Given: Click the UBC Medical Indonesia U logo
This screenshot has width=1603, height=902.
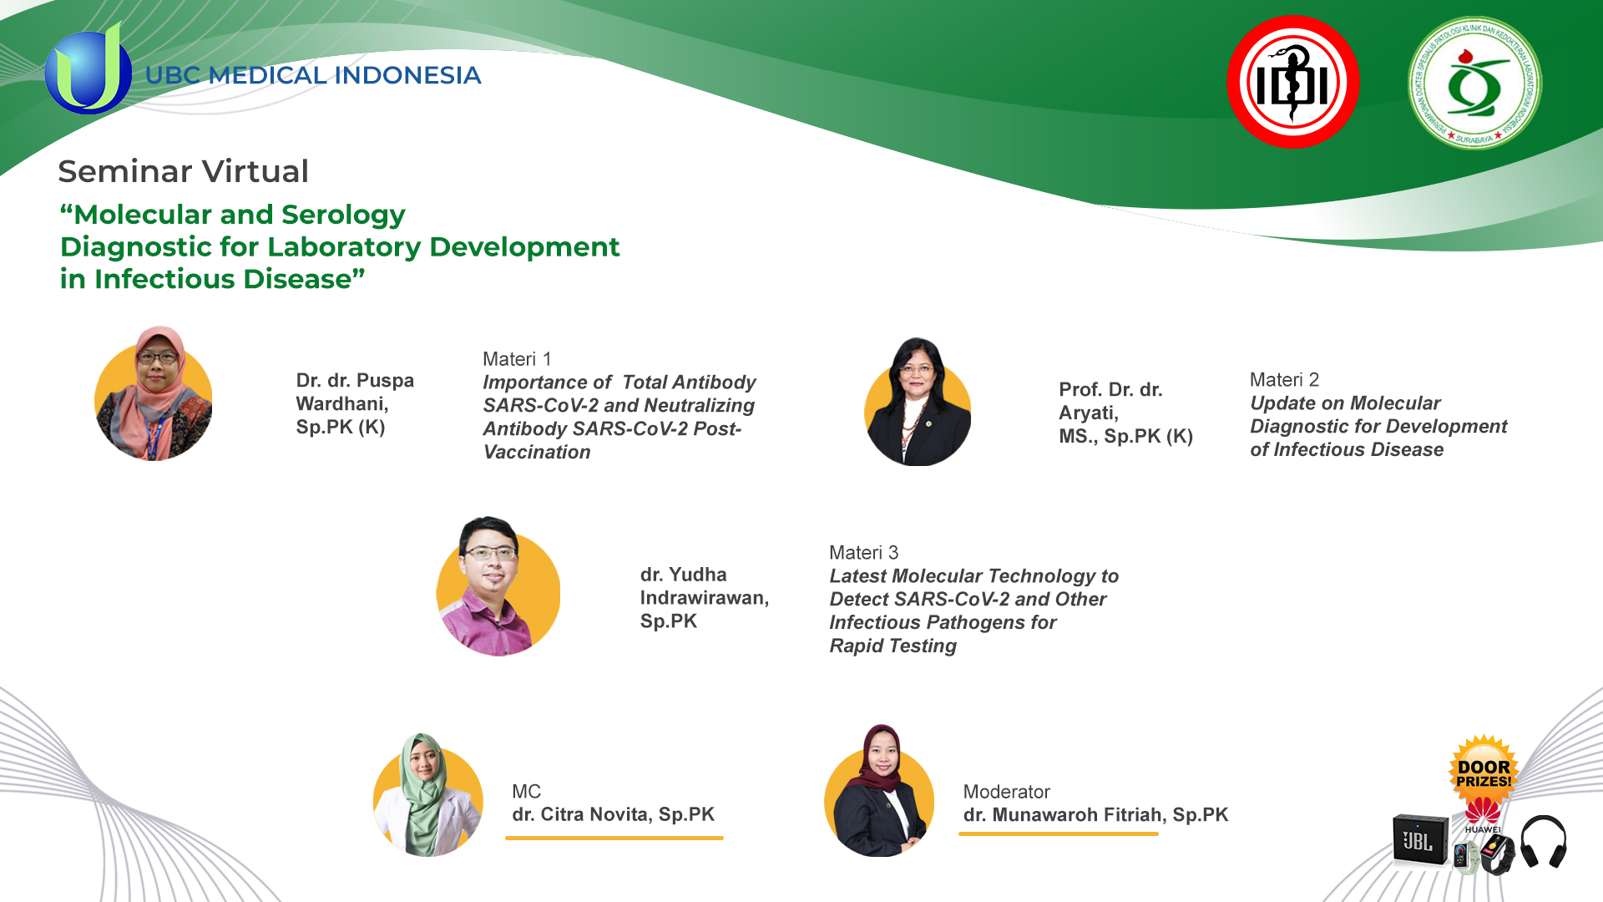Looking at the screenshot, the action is [x=88, y=69].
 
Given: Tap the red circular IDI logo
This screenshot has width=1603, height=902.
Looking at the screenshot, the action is [x=1293, y=82].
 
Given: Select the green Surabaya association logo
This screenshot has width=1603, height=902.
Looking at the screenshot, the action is [x=1474, y=83].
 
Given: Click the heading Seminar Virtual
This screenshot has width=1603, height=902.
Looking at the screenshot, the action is [x=184, y=171].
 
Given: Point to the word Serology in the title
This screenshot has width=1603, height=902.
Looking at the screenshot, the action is [x=343, y=215].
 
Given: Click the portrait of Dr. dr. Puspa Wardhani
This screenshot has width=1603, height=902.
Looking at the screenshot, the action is [x=153, y=393].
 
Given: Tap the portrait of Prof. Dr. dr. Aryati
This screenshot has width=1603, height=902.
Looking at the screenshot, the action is [x=918, y=402].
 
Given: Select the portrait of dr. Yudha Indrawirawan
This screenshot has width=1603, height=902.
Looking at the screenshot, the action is [x=498, y=586].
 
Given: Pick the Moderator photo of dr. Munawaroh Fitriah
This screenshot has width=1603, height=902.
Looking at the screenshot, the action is [x=879, y=791].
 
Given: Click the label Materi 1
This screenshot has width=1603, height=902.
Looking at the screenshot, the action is [x=517, y=359].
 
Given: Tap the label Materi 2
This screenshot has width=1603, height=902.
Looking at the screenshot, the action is [x=1284, y=380].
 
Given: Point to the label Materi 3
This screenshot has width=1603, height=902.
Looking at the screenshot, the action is [x=863, y=553].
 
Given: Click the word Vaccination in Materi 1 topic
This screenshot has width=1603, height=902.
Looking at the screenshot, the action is [x=537, y=452].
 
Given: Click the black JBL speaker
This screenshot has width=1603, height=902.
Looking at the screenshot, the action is [x=1420, y=839].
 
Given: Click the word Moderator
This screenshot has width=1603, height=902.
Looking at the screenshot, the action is [x=1006, y=792].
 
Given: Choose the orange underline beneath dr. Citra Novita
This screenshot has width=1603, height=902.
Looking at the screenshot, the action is [x=614, y=838].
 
